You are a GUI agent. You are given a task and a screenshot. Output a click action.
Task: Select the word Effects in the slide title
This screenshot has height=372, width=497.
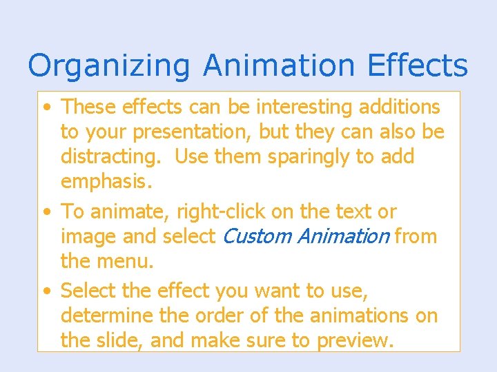(x=418, y=65)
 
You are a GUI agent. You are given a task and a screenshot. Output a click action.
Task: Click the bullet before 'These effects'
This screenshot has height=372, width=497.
(x=46, y=107)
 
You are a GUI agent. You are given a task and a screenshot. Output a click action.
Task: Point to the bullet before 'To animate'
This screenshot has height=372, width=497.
(x=46, y=212)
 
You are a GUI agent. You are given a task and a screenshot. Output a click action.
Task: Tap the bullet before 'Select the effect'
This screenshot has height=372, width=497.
(x=46, y=291)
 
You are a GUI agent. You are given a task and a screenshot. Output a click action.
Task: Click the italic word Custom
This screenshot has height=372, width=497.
(x=256, y=236)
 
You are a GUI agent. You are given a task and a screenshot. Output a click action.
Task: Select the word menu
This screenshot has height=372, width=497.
(x=128, y=262)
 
